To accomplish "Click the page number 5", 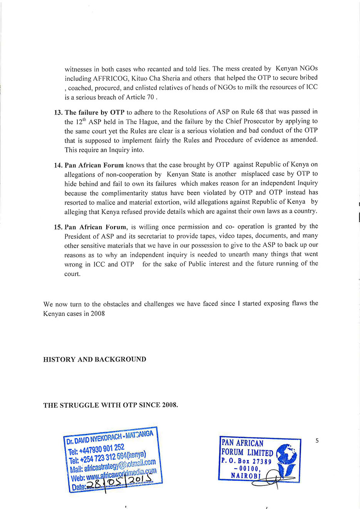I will pos(317,440).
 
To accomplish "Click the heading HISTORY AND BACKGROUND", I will pos(94,359).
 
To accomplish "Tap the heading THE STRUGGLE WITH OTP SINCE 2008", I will pos(111,405).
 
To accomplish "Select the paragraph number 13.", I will pos(58,112).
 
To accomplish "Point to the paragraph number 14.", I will pos(58,165).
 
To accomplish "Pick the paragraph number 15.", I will pos(58,227).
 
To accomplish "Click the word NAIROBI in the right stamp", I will pos(246,476).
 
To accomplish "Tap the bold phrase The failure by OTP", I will pos(95,112).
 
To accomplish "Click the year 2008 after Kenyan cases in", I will pos(97,313).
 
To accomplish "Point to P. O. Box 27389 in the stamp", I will pos(246,461).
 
